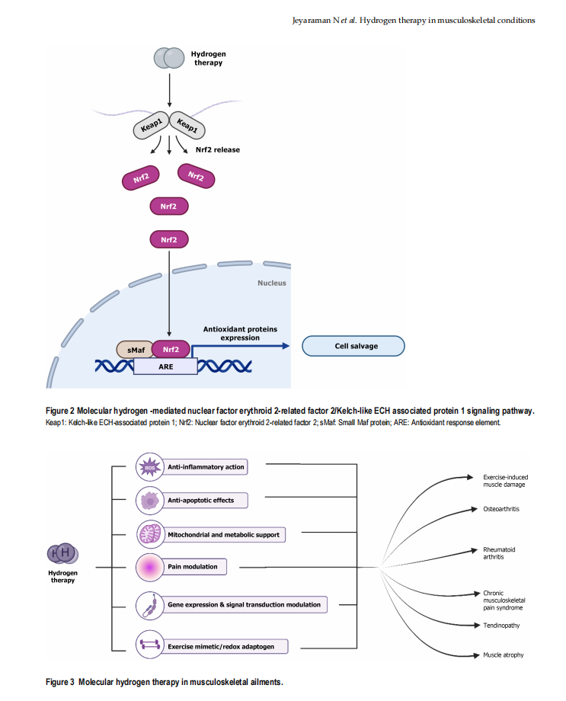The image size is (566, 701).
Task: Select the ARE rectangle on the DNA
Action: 165,366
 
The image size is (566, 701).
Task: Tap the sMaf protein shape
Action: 134,349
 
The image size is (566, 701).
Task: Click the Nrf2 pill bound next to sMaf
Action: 170,349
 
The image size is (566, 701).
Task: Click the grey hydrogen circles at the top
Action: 168,58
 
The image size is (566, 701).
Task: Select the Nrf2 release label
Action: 218,150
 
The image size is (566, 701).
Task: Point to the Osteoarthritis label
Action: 501,509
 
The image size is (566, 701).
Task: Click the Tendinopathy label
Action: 500,626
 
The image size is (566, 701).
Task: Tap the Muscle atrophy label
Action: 503,655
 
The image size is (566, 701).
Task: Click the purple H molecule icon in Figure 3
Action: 64,554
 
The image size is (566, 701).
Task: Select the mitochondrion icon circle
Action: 149,534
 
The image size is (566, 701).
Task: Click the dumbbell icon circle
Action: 149,646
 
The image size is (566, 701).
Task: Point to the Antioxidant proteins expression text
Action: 240,333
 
